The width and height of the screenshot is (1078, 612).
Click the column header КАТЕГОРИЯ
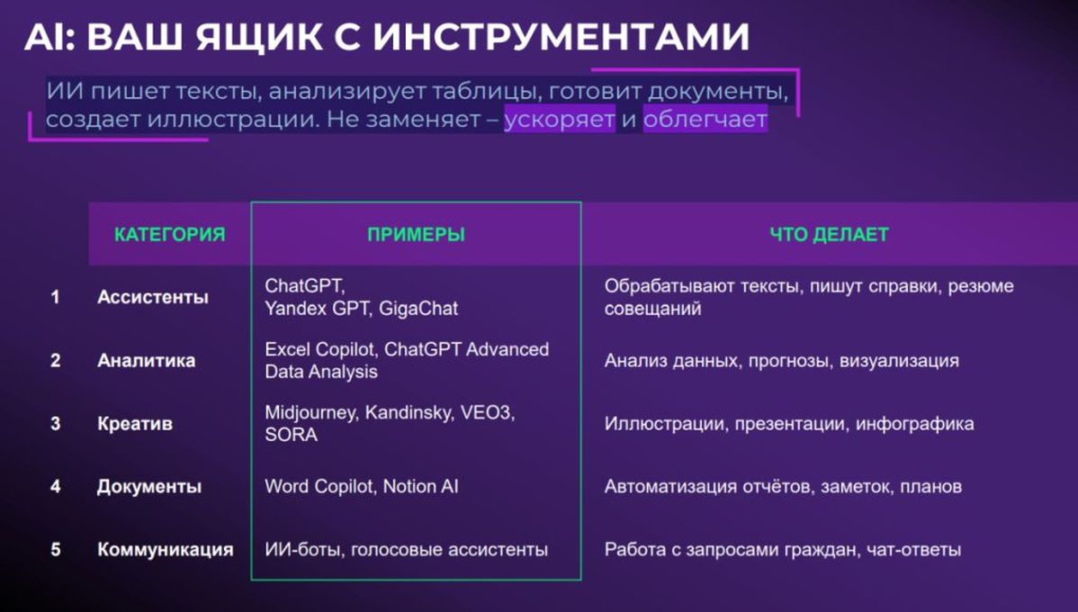[170, 235]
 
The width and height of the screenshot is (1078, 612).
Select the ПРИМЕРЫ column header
[416, 235]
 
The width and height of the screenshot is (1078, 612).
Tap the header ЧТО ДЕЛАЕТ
[829, 235]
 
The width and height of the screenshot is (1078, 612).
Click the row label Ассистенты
[153, 297]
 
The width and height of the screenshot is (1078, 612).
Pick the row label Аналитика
[147, 360]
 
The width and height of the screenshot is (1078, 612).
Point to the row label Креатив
[135, 424]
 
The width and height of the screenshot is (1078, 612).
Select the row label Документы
[149, 487]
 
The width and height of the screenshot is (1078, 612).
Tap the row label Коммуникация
[165, 549]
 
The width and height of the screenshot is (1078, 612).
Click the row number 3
[56, 424]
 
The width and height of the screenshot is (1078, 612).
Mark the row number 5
[56, 549]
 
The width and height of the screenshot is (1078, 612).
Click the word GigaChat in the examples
[418, 309]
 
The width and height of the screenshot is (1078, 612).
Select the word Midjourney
[310, 412]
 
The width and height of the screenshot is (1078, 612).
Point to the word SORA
[291, 435]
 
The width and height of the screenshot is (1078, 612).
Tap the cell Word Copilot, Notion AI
[362, 487]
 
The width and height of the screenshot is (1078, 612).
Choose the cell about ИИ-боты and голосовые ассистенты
[407, 549]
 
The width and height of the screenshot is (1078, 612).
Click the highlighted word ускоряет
[560, 120]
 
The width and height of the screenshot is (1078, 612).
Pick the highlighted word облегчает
[705, 120]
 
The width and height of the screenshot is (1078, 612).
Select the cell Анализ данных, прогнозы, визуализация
[782, 361]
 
